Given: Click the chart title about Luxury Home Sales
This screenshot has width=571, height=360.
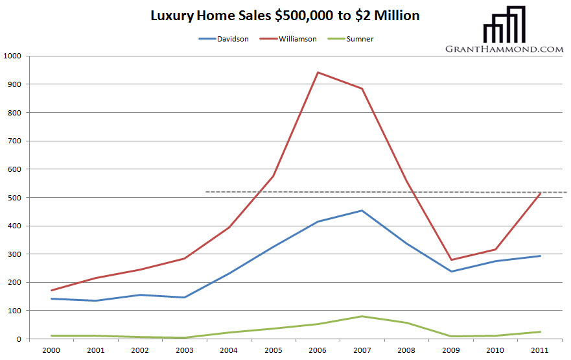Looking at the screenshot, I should pyautogui.click(x=285, y=15).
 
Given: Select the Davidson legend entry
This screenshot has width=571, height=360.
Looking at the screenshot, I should pyautogui.click(x=223, y=39).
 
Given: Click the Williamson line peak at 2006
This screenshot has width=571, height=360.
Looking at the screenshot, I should pyautogui.click(x=318, y=72).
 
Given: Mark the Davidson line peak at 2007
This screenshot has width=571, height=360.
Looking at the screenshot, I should pyautogui.click(x=362, y=210).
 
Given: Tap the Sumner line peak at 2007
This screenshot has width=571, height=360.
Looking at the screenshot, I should pyautogui.click(x=362, y=317).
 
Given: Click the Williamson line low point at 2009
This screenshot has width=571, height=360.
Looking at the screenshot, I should pyautogui.click(x=451, y=260).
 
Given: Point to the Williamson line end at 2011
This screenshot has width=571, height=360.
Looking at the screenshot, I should pyautogui.click(x=540, y=193).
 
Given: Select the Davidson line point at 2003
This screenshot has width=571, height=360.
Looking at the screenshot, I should pyautogui.click(x=184, y=298).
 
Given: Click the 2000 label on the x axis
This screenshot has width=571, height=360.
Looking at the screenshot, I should pyautogui.click(x=51, y=350).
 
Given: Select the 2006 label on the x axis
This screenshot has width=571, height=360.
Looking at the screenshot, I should pyautogui.click(x=318, y=350).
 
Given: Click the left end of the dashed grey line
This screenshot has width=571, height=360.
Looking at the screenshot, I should pyautogui.click(x=206, y=191).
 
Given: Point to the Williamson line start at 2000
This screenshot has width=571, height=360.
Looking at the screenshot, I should pyautogui.click(x=51, y=290).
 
